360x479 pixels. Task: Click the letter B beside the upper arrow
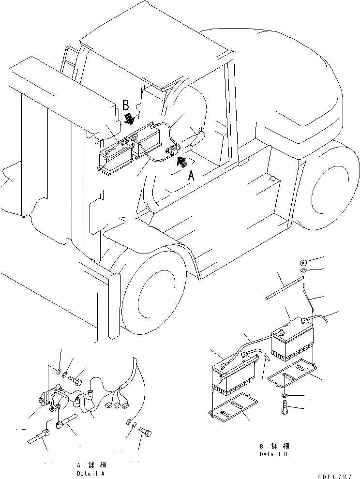[125, 105]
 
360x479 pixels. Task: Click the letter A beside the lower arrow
[191, 176]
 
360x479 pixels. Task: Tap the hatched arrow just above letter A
[182, 163]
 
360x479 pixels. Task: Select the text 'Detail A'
[90, 473]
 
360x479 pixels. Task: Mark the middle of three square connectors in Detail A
[118, 402]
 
